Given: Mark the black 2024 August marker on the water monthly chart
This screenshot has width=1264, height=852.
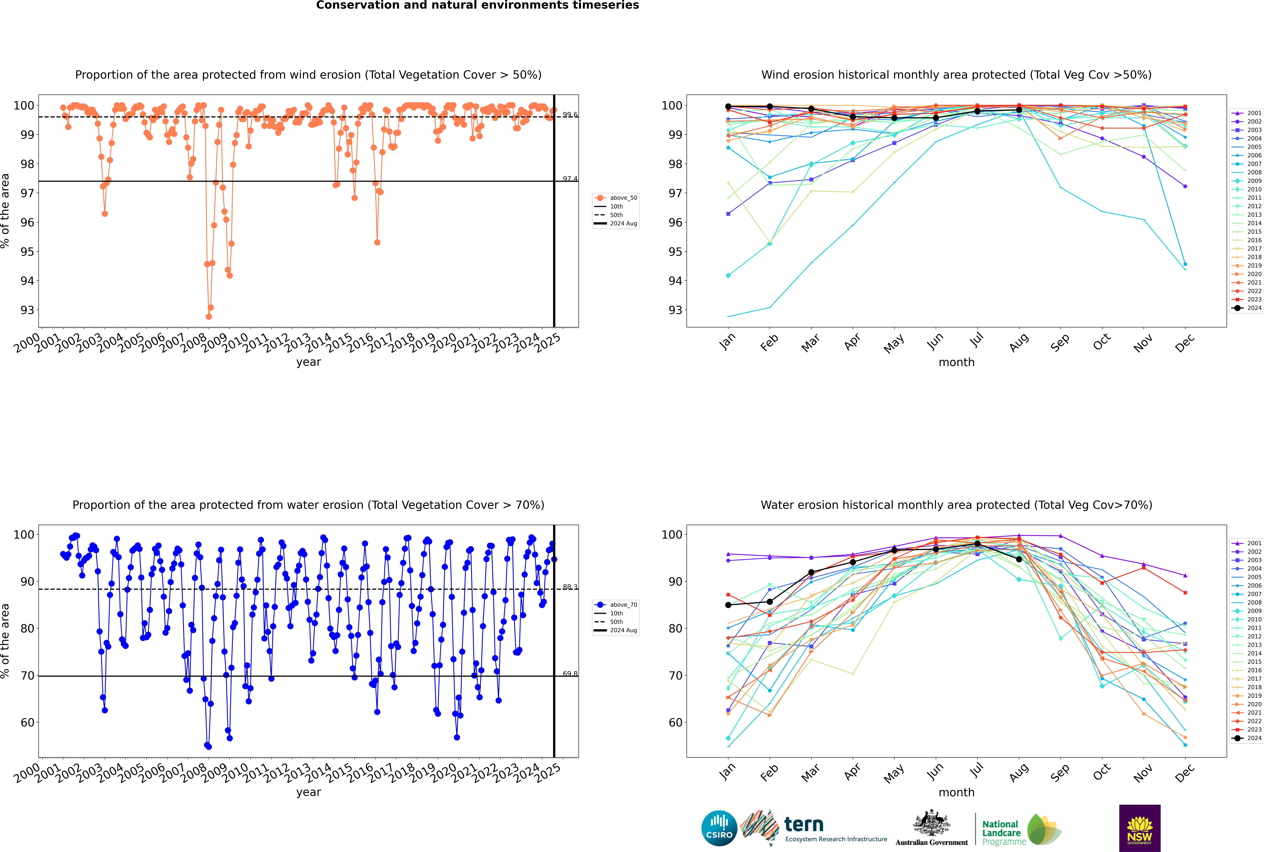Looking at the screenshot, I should point(1019,559).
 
